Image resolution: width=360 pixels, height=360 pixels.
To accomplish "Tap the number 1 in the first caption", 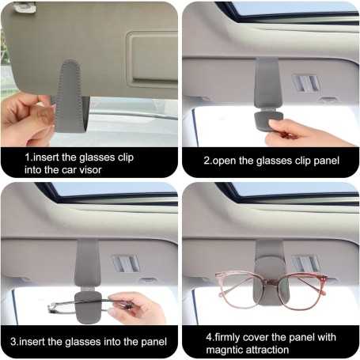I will tap(28, 157).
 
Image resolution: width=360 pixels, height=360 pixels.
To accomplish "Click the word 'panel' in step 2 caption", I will tap(324, 161).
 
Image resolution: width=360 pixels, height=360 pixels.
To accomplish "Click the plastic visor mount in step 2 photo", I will tap(305, 83).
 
